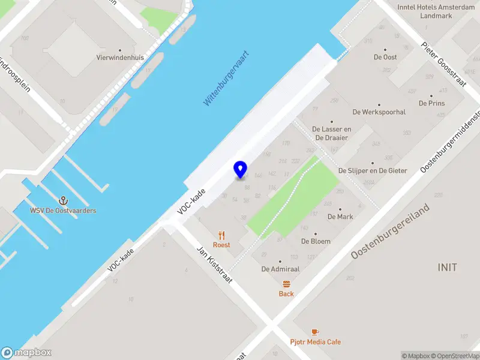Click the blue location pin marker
point(240,170)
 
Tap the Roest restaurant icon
point(221,235)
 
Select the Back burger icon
point(286,284)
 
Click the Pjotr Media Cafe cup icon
point(316,332)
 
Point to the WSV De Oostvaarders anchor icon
point(62,200)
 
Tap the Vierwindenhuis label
point(120,58)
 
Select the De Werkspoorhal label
point(379,112)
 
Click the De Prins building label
point(432,103)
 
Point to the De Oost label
point(385,57)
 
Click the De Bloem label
point(316,241)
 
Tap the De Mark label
point(340,217)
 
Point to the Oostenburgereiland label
point(391,232)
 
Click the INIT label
point(448,267)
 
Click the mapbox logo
point(26,353)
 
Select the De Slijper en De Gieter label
point(373,170)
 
